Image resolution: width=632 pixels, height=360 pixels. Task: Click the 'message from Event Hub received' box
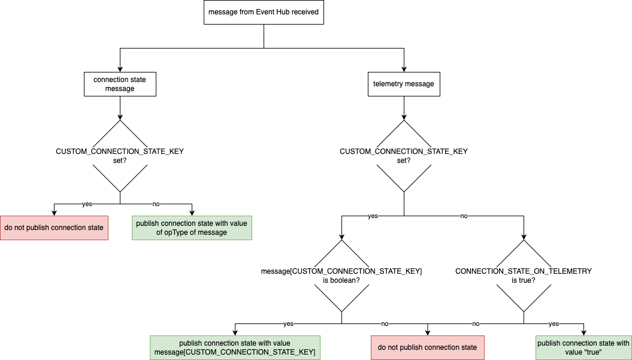tap(264, 12)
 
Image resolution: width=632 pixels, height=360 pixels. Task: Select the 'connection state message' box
tap(120, 84)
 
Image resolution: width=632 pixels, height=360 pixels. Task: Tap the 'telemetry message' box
tap(404, 84)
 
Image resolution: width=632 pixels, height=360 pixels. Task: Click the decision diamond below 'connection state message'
tap(120, 156)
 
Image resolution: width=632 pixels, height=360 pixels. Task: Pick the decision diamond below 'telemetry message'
tap(404, 156)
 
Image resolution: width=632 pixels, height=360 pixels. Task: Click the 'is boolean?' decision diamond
tap(341, 276)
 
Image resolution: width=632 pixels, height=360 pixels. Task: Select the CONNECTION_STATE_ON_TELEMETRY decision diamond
tap(524, 276)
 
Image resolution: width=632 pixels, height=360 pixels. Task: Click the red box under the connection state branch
tap(54, 228)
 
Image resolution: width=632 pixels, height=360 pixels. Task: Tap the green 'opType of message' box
tap(192, 228)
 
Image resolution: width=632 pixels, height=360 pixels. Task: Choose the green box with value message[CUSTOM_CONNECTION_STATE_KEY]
tap(235, 347)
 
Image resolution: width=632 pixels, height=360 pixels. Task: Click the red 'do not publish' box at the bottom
tap(428, 347)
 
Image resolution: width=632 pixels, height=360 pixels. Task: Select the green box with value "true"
tap(583, 347)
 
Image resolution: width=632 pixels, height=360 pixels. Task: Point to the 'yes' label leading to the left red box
tap(87, 204)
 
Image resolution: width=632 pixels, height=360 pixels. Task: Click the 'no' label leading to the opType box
tap(156, 204)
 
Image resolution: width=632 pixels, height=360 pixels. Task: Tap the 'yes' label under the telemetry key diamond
tap(373, 216)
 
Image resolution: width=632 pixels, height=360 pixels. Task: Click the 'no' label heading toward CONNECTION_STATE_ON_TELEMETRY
tap(464, 216)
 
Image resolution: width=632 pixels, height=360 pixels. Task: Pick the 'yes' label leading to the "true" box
tap(554, 324)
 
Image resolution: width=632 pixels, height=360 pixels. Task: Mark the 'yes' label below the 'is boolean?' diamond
tap(288, 324)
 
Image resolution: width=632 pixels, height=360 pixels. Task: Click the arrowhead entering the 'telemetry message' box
tap(404, 69)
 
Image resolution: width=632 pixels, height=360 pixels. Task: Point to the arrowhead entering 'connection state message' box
tap(120, 69)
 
